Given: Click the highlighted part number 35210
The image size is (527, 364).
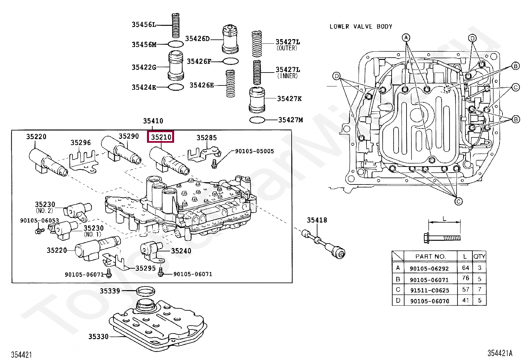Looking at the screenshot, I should (x=161, y=137).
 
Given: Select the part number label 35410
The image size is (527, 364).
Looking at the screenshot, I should (x=153, y=121).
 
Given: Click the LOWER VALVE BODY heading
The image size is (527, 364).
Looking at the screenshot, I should (x=361, y=26).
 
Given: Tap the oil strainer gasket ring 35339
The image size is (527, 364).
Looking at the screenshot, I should (x=146, y=291).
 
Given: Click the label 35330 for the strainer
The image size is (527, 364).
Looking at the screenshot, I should (x=98, y=337).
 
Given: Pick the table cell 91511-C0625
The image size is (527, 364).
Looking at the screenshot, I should (x=429, y=290).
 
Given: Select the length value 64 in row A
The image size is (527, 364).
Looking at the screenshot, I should (x=465, y=268).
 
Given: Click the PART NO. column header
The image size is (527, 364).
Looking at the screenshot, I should (x=431, y=256).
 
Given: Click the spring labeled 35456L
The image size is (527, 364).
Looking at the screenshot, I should (x=176, y=26).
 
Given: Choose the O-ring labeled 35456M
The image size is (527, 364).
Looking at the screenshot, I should (x=176, y=44).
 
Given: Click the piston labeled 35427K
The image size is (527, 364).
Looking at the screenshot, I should (x=257, y=99).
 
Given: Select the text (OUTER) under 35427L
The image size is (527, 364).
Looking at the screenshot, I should (x=287, y=48).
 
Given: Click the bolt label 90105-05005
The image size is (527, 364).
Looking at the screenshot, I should (x=254, y=151).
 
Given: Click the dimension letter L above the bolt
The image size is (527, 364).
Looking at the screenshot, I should (x=444, y=219).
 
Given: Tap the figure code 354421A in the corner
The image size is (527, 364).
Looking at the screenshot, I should (x=500, y=353).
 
